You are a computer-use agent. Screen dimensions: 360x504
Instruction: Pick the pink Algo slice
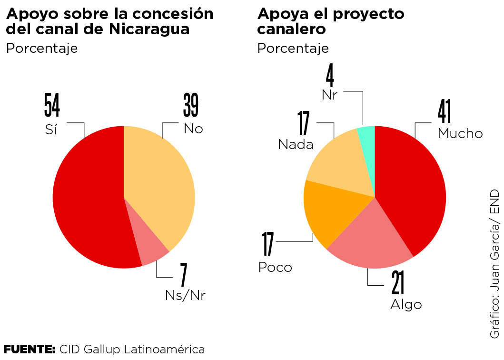(371, 233)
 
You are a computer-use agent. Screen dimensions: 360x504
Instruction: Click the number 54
(52, 105)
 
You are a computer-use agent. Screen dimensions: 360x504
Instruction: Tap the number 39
(190, 105)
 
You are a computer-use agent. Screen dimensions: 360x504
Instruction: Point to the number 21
(398, 283)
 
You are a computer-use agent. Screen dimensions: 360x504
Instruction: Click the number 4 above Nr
(329, 76)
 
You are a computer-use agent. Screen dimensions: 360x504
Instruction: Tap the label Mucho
(460, 133)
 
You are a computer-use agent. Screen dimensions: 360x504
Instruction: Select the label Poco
(275, 267)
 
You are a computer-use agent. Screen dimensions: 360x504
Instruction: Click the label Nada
(296, 144)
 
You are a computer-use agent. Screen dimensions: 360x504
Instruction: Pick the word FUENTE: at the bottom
(30, 349)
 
